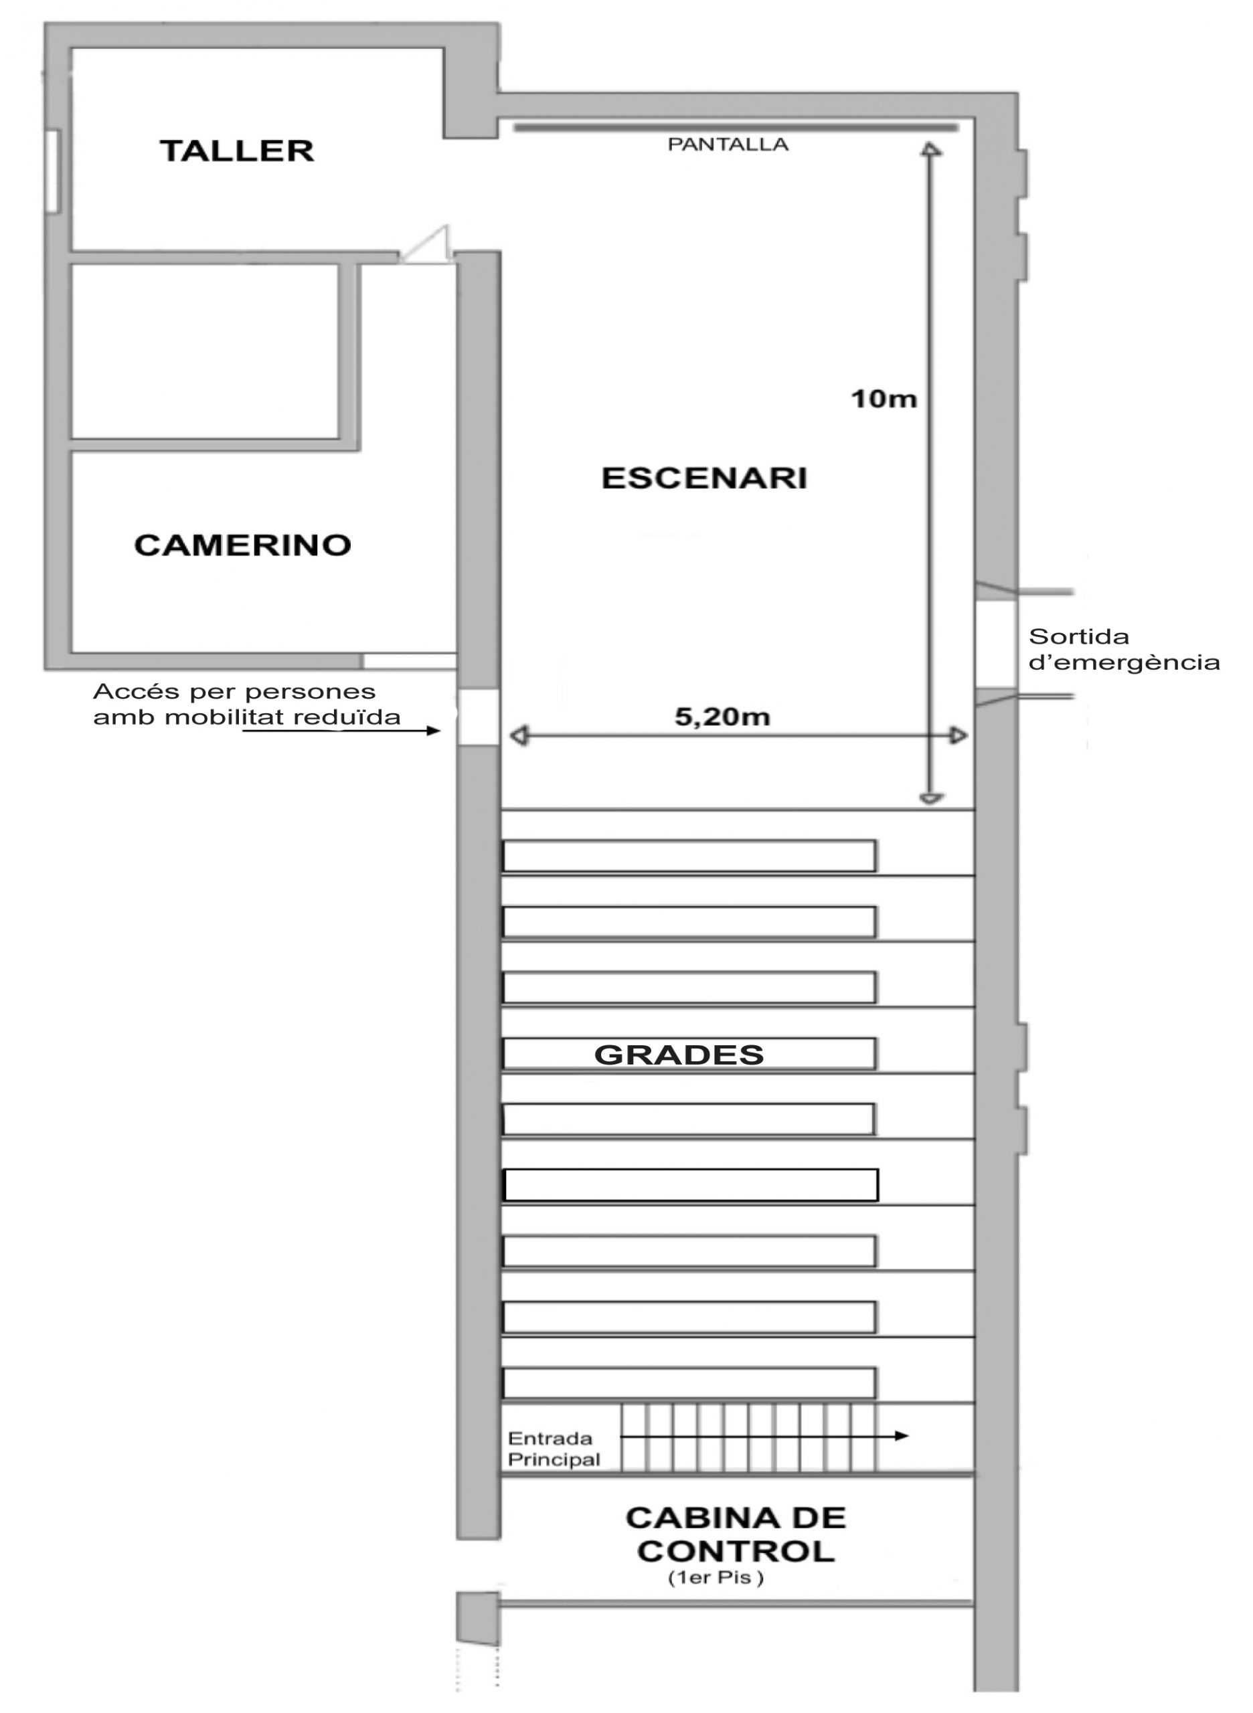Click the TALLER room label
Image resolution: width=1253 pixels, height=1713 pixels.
point(237,151)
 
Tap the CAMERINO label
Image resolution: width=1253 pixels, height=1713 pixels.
point(243,545)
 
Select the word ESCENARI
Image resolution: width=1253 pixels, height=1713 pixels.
point(705,478)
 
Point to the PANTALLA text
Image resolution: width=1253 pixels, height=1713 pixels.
point(728,145)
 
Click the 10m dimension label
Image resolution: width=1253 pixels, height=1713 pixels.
point(884,399)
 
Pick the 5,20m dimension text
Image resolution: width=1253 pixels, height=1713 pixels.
point(722,717)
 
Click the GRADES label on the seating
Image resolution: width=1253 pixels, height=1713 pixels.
point(679,1055)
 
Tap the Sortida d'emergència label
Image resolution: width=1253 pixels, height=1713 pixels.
point(1124,650)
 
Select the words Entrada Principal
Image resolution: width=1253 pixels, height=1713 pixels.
point(554,1449)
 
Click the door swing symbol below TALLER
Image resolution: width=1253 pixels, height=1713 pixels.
point(426,245)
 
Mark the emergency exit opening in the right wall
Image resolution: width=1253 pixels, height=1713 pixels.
point(995,644)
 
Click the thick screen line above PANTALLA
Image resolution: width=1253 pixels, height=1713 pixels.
point(736,127)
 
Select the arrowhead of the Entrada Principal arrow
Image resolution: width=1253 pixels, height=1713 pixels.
point(901,1435)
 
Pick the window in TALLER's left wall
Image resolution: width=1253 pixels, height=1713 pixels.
point(52,171)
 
